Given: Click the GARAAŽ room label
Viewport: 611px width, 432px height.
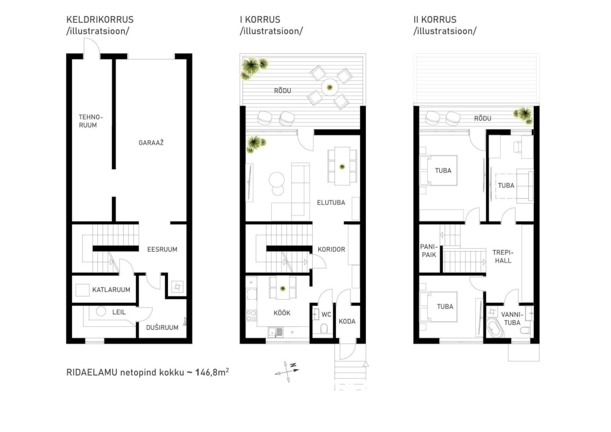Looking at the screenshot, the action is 151,143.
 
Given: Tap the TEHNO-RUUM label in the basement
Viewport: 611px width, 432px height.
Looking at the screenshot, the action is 90,121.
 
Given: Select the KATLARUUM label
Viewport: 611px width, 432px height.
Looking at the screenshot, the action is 111,290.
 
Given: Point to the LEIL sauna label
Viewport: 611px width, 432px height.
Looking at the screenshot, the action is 119,312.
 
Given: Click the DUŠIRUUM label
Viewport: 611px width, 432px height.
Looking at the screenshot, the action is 162,327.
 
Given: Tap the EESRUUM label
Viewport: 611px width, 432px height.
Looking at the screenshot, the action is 162,249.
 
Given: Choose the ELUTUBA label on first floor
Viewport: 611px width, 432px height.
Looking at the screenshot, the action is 331,202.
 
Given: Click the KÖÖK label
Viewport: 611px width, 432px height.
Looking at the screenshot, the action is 282,313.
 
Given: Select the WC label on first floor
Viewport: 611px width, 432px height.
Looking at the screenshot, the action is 326,314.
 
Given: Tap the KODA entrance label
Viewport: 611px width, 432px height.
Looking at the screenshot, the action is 347,321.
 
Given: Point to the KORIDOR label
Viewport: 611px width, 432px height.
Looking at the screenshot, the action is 331,249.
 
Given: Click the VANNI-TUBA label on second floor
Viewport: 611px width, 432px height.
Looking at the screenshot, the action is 512,319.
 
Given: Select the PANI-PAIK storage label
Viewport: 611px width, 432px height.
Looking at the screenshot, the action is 428,251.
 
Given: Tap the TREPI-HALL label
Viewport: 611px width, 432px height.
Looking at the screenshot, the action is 503,256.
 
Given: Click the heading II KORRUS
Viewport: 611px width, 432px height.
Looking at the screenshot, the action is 435,19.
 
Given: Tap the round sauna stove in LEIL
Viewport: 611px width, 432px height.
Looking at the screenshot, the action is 101,311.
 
